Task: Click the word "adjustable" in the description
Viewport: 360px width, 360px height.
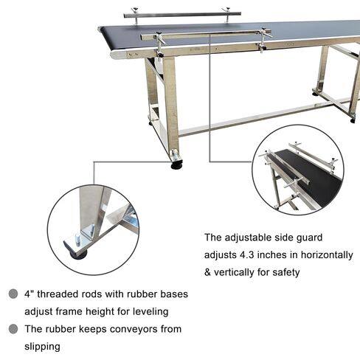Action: pyautogui.click(x=250, y=238)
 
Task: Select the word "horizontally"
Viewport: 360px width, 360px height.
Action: pyautogui.click(x=324, y=255)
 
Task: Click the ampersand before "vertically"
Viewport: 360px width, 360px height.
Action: pyautogui.click(x=208, y=272)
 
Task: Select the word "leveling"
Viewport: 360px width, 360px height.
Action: pyautogui.click(x=148, y=311)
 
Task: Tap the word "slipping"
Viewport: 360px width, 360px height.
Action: pyautogui.click(x=44, y=345)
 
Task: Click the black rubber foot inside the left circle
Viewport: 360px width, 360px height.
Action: pyautogui.click(x=77, y=253)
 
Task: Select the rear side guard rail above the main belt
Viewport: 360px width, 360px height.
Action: pyautogui.click(x=181, y=13)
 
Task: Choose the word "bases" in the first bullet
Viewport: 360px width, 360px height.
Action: pyautogui.click(x=173, y=294)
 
